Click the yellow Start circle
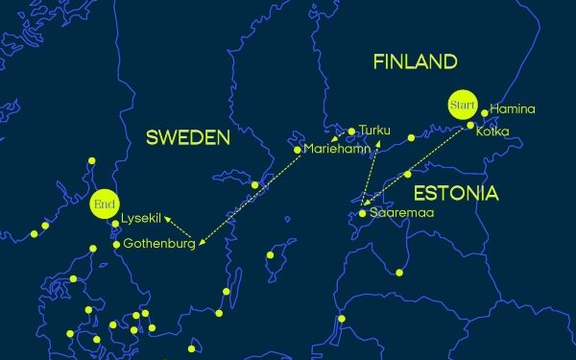pos(463,103)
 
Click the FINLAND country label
pos(415,62)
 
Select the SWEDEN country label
pos(187,138)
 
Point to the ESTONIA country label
pos(457,194)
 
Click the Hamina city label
pos(512,109)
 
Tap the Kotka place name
pos(492,132)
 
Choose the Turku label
pos(375,130)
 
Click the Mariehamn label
pos(336,150)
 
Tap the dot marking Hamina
pos(485,112)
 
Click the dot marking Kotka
pos(469,126)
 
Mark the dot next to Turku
pos(352,131)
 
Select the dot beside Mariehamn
pos(298,149)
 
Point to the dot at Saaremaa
pos(362,213)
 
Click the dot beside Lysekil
pos(115,224)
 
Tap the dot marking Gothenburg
pos(116,244)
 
